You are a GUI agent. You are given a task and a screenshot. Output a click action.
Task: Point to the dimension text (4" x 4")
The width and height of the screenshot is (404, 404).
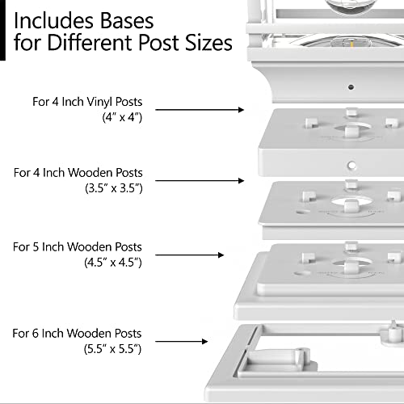[x=122, y=117]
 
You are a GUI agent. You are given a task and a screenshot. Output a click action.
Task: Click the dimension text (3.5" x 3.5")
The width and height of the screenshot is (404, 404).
[x=114, y=188]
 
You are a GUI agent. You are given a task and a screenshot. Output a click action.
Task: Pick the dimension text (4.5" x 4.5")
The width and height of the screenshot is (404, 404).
[x=113, y=263]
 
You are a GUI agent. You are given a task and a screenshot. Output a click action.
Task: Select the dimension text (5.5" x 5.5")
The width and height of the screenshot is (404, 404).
[x=112, y=349]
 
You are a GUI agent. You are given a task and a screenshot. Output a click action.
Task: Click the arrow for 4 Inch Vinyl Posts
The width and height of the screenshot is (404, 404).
[x=200, y=110]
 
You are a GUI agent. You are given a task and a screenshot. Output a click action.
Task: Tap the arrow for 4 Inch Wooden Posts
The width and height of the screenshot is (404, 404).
[x=200, y=180]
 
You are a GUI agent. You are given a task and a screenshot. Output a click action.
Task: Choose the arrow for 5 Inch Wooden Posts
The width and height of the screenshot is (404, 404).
[x=190, y=255]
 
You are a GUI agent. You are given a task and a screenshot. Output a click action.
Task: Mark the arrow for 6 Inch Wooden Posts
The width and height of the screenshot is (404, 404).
[x=182, y=342]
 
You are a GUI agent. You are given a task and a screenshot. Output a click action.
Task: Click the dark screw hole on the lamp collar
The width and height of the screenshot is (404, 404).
[x=351, y=87]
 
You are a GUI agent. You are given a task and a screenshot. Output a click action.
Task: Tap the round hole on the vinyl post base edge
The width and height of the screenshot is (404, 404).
[x=351, y=165]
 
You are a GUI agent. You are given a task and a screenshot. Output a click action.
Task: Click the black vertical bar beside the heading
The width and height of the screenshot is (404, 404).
[x=2, y=30]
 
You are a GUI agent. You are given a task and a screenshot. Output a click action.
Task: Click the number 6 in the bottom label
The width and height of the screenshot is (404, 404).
[x=36, y=334]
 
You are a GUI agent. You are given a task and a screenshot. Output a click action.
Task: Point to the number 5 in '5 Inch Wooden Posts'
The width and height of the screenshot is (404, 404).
[x=36, y=247]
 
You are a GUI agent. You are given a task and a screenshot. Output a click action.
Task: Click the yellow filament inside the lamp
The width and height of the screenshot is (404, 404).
[x=351, y=44]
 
